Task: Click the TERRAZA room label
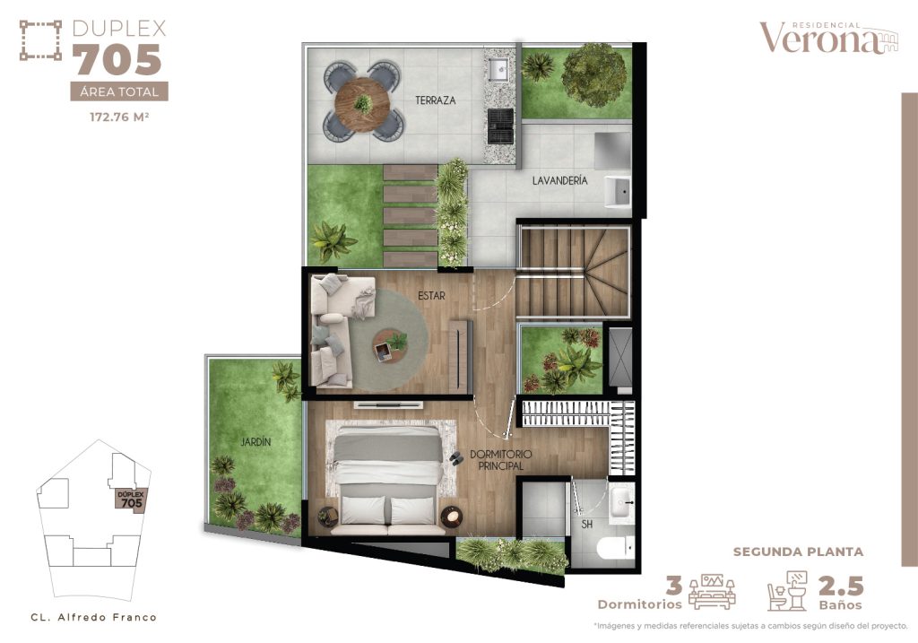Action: pyautogui.click(x=435, y=100)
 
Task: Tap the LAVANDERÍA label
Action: pyautogui.click(x=559, y=180)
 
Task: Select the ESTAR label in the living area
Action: pyautogui.click(x=430, y=294)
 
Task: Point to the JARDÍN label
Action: pyautogui.click(x=255, y=441)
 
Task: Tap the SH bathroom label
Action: pyautogui.click(x=587, y=524)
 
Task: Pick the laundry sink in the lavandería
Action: pyautogui.click(x=619, y=192)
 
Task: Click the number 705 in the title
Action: pyautogui.click(x=117, y=61)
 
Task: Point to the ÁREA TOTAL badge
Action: pyautogui.click(x=118, y=91)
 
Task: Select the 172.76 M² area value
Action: pyautogui.click(x=118, y=117)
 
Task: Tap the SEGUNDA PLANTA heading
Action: pyautogui.click(x=798, y=552)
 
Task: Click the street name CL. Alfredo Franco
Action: pyautogui.click(x=93, y=617)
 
